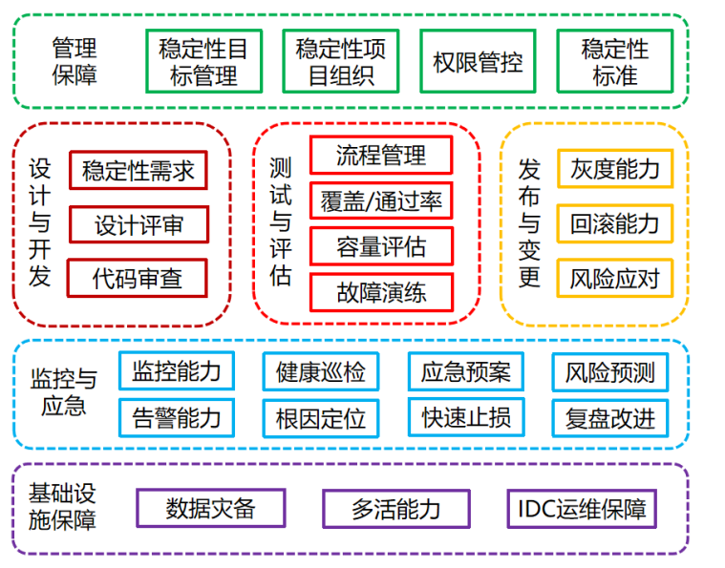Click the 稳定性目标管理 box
(203, 61)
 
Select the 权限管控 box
(478, 62)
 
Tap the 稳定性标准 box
(614, 61)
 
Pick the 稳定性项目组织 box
(340, 61)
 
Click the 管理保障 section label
(75, 61)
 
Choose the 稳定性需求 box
(139, 171)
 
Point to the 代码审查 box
(138, 279)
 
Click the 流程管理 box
(381, 154)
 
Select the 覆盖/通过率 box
(381, 200)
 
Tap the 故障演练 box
(381, 292)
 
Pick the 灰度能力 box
(615, 169)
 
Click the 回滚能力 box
(615, 224)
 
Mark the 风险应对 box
(615, 279)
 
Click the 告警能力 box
(177, 417)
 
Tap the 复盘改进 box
(610, 418)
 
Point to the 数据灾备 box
(211, 508)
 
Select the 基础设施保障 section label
(62, 507)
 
